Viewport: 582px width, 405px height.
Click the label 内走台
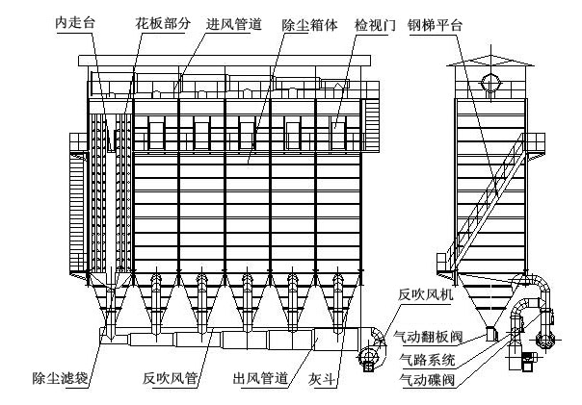coord(75,23)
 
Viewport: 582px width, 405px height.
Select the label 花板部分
coord(163,23)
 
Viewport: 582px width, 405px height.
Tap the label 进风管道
coord(234,24)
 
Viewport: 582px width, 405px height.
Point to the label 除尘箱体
coord(309,25)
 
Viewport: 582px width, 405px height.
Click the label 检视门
coord(375,25)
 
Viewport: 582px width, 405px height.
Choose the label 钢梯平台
coord(435,25)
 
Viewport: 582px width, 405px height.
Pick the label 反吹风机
coord(425,294)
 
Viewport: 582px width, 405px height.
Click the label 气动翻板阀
coord(428,337)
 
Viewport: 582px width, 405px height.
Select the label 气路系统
coord(427,359)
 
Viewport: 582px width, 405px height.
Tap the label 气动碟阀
coord(427,380)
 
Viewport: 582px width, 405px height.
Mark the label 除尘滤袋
coord(60,378)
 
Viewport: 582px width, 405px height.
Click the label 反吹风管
coord(170,378)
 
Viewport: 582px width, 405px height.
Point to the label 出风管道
coord(260,378)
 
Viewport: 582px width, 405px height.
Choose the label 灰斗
coord(322,379)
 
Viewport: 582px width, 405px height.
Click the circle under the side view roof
coord(491,83)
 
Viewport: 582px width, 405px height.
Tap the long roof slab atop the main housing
coord(225,61)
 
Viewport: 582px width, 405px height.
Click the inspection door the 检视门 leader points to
coord(338,134)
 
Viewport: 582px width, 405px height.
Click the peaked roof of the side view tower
coord(490,62)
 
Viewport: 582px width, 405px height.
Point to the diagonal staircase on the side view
coord(487,202)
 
